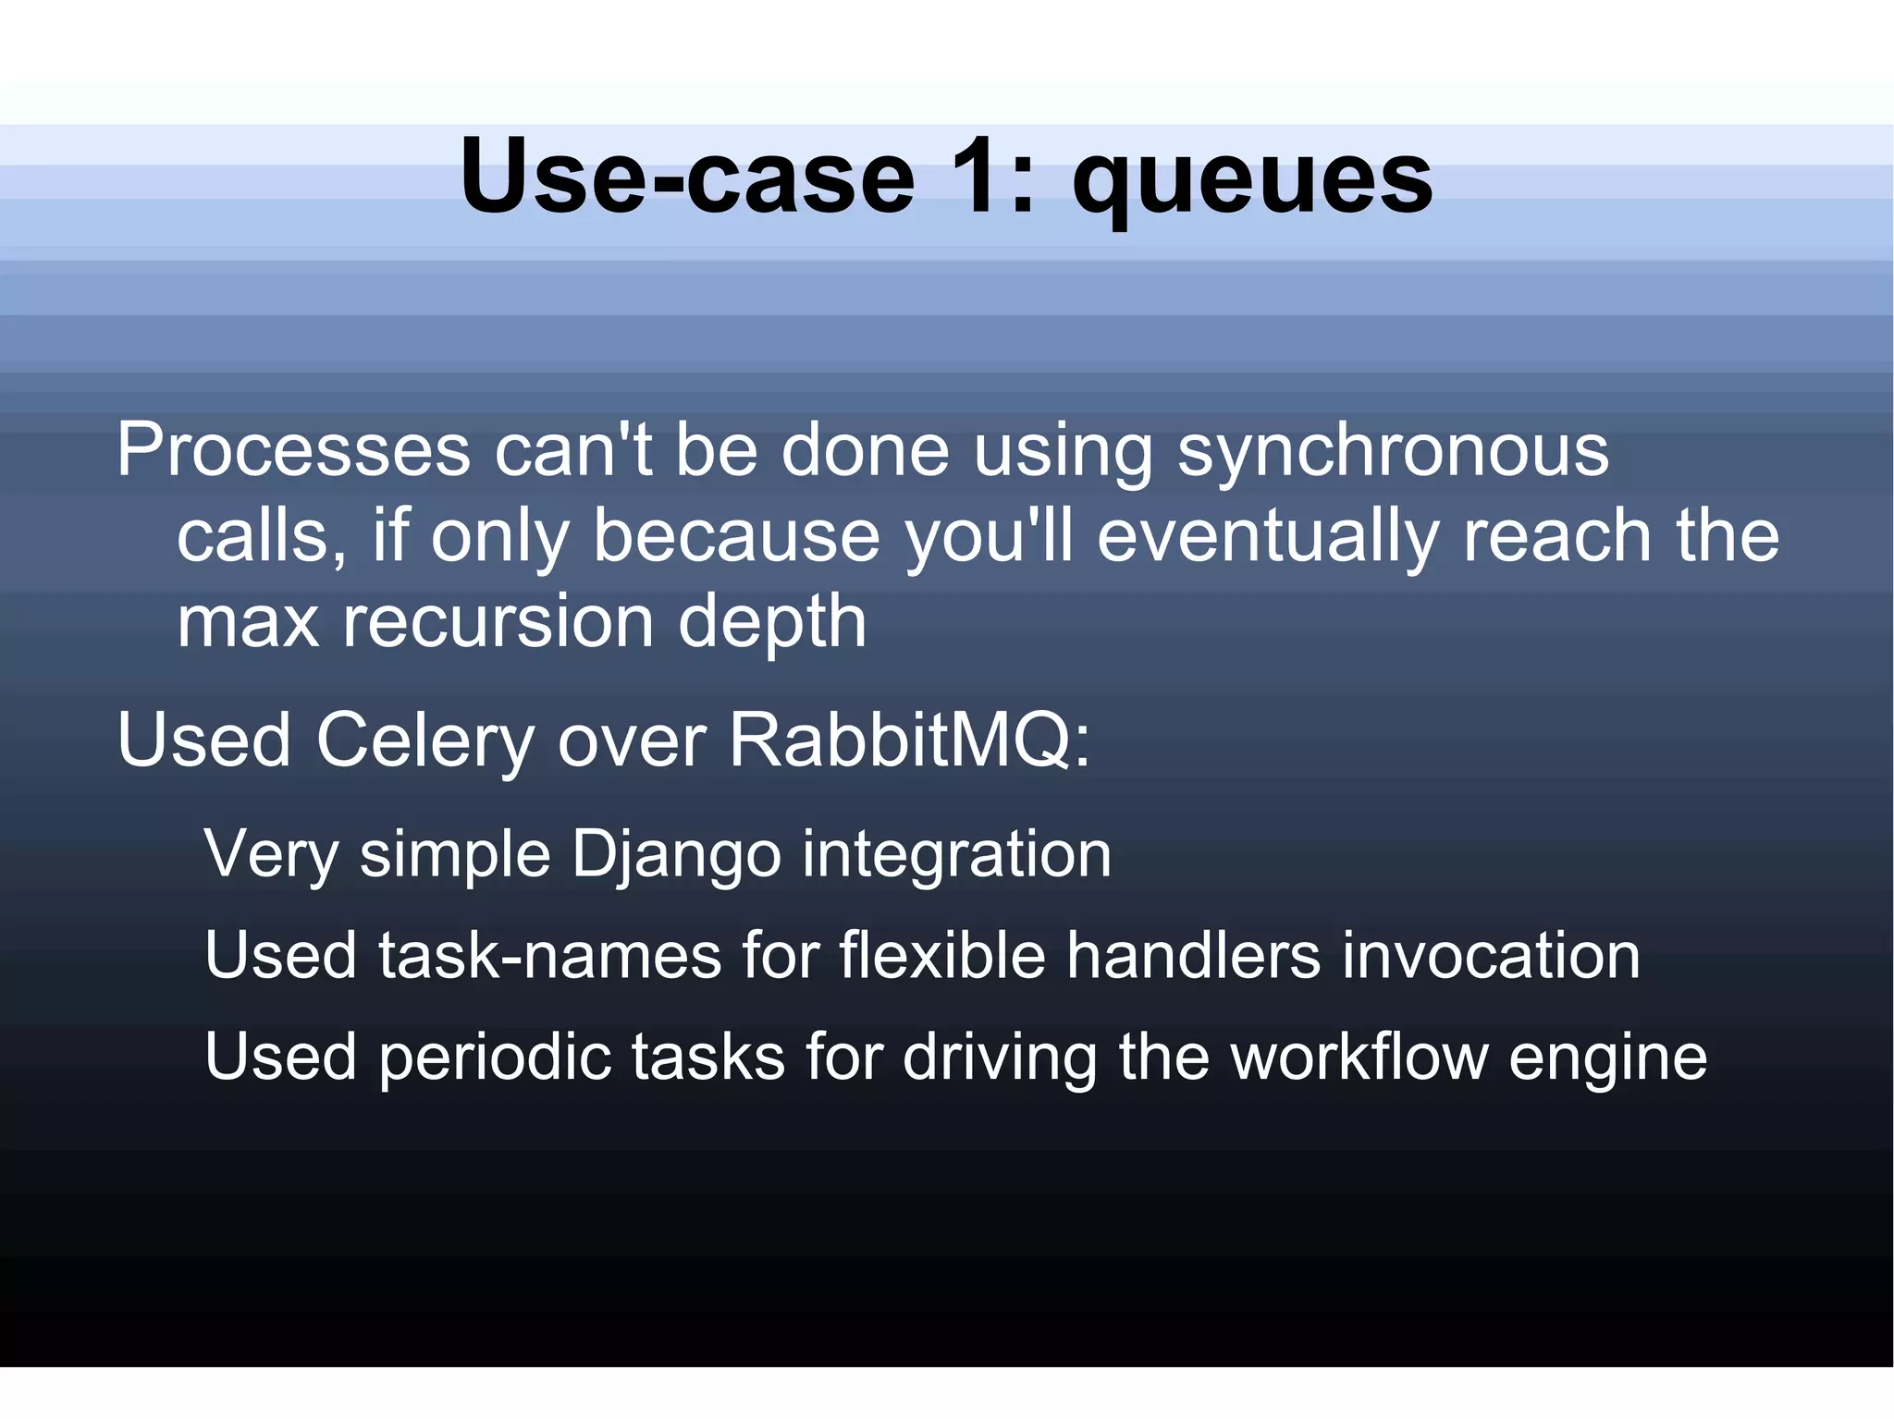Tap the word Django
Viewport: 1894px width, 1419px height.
tap(676, 856)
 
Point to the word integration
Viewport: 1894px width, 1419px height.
tap(956, 856)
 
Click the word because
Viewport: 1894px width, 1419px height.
tap(736, 536)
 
